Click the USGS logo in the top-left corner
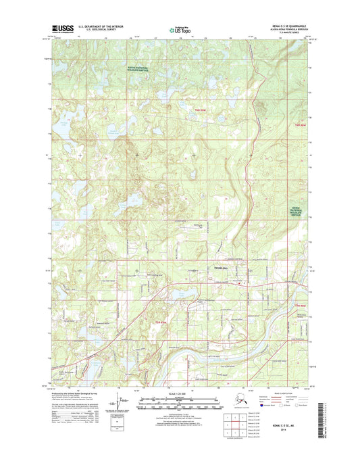pyautogui.click(x=61, y=28)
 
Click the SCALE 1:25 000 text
pyautogui.click(x=179, y=393)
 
